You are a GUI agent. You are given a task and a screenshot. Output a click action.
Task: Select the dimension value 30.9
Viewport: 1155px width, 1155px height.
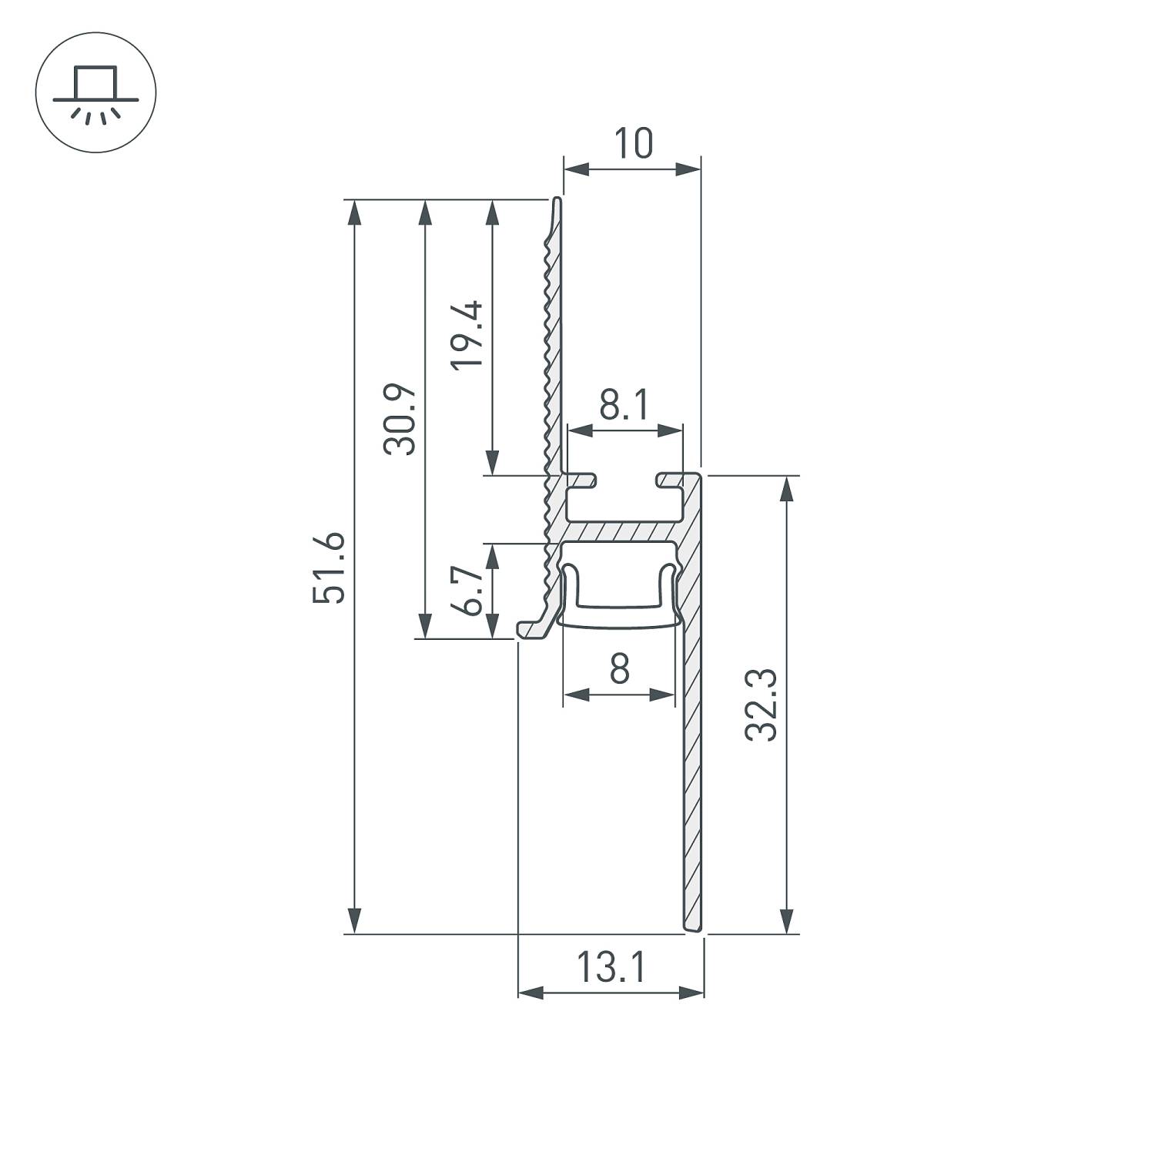point(400,420)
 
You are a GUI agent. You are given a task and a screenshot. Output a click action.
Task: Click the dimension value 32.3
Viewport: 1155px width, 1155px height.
point(762,705)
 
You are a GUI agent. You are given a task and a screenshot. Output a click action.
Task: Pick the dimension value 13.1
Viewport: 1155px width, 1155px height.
point(611,968)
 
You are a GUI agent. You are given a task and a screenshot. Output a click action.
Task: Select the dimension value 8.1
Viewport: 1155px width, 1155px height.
point(624,405)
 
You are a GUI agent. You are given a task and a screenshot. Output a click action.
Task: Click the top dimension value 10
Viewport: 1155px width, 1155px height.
point(633,144)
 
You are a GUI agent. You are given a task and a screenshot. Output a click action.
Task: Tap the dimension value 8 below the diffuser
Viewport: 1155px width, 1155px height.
point(619,668)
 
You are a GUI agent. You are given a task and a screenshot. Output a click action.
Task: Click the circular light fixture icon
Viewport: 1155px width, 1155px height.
point(95,92)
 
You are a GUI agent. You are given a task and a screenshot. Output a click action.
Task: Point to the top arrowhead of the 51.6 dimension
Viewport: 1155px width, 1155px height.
point(354,213)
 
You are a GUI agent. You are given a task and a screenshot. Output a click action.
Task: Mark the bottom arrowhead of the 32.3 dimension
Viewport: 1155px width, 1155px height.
point(786,920)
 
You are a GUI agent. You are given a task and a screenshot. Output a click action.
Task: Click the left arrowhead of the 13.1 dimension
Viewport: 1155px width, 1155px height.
point(531,993)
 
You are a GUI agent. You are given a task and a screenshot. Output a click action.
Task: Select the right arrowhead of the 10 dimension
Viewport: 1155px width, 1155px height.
point(688,169)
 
